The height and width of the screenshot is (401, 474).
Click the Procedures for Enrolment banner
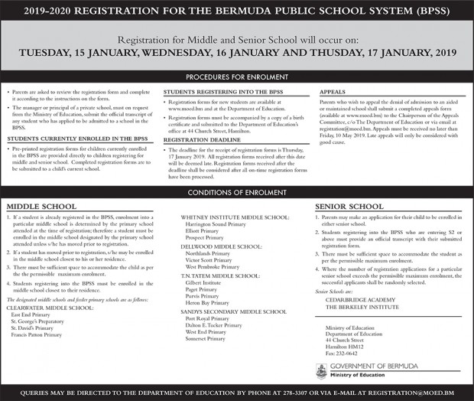237,78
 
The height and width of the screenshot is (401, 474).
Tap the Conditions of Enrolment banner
237,191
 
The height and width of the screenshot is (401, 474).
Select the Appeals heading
334,91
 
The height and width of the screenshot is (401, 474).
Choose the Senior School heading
349,207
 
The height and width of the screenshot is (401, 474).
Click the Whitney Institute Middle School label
235,217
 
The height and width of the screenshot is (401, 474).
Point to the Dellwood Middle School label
221,246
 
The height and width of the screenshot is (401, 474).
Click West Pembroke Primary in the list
212,267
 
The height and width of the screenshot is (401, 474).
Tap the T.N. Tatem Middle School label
220,275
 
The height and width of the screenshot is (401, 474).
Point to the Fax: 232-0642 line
341,353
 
